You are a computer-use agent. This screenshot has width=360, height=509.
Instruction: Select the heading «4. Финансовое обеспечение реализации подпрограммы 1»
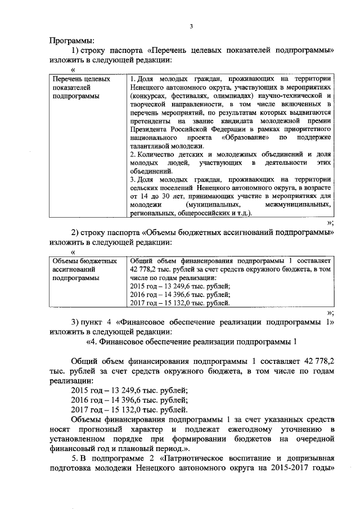tap(191, 341)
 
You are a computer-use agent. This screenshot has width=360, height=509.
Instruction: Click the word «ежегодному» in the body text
tap(251, 431)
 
